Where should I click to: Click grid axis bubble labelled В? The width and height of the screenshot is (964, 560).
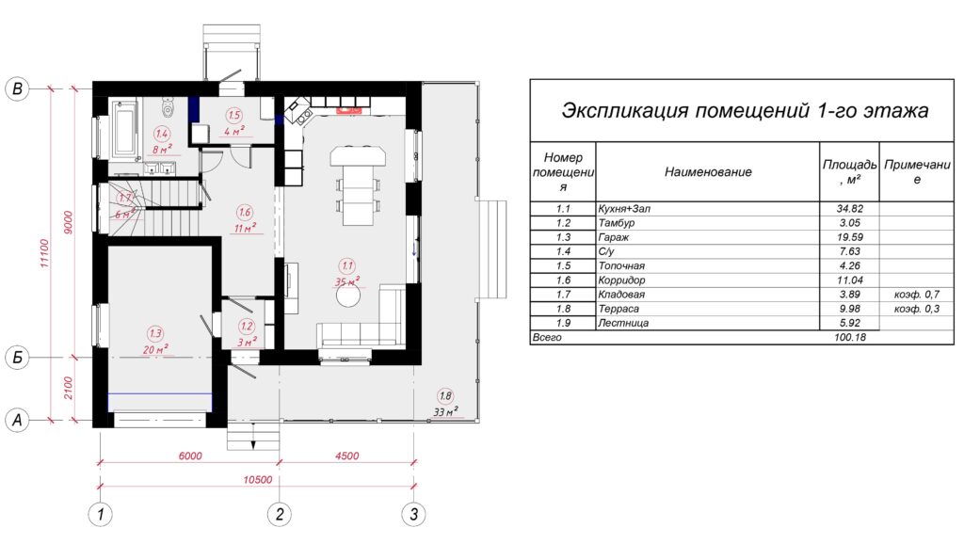[x=17, y=88]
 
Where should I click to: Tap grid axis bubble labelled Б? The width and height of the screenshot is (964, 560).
[x=17, y=357]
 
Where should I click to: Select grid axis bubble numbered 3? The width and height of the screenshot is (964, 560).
[x=414, y=514]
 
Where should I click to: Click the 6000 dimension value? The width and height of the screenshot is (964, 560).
[x=190, y=456]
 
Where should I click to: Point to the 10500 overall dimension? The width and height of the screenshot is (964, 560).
[x=258, y=479]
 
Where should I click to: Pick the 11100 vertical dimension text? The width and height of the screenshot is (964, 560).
[x=44, y=253]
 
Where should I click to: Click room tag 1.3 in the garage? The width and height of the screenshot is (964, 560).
[x=155, y=334]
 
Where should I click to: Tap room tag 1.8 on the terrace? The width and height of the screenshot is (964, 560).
[x=445, y=396]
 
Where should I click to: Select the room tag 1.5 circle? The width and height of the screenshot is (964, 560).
[x=234, y=115]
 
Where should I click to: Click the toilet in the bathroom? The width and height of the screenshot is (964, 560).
[x=166, y=107]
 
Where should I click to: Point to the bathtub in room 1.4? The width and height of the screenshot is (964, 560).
[x=125, y=129]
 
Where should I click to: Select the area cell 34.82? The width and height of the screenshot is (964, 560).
[x=850, y=208]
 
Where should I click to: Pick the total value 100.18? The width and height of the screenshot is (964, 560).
[x=850, y=337]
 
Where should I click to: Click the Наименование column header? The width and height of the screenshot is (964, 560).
[x=708, y=172]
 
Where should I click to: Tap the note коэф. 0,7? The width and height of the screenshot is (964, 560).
[x=917, y=295]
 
